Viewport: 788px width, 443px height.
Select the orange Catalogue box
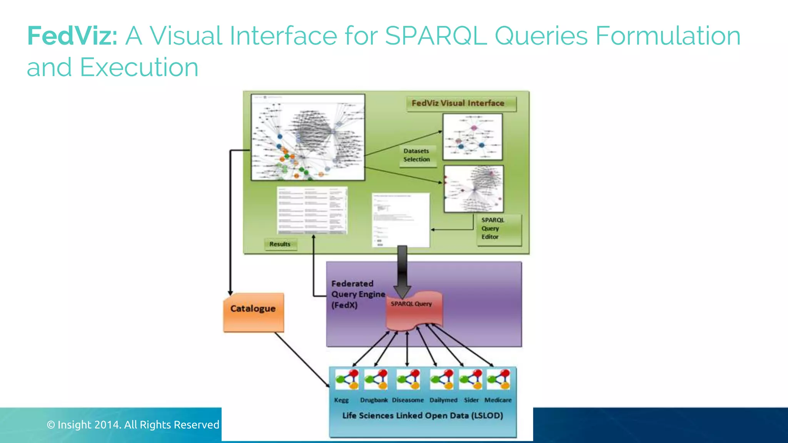[254, 312]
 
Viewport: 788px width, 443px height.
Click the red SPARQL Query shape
[413, 311]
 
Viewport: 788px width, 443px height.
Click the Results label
[280, 244]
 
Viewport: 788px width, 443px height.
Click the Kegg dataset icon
[346, 380]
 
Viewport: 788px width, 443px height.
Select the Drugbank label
[374, 400]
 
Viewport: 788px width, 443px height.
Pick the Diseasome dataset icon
[408, 380]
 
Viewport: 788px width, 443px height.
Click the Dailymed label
[443, 400]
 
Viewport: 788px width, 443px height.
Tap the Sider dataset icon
[471, 380]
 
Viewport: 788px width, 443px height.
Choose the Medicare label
[498, 400]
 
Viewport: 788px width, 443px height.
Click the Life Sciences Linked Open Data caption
[422, 416]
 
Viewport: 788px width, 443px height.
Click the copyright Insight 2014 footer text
[133, 425]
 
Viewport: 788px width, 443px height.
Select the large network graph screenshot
[308, 137]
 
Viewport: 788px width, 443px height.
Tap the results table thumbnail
[312, 210]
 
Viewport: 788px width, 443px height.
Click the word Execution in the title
[139, 68]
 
